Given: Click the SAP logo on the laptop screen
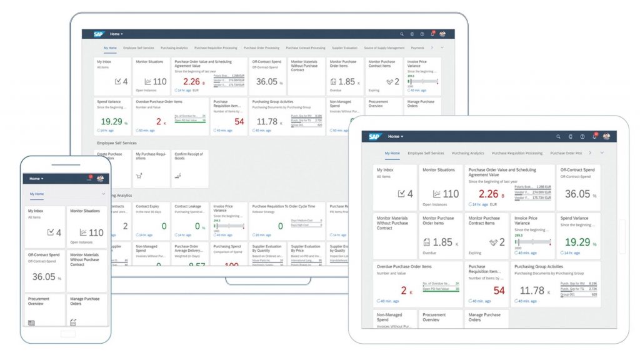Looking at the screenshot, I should [x=99, y=34].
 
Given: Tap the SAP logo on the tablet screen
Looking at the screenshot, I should [x=374, y=136].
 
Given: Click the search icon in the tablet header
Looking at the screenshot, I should [x=558, y=136].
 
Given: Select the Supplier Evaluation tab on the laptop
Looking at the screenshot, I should [x=344, y=47].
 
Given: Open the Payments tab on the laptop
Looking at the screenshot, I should [x=417, y=47].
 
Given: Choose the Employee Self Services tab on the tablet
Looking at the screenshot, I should [x=426, y=153].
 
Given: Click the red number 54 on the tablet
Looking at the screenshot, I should [x=499, y=291].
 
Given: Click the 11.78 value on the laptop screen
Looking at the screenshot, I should [x=267, y=121].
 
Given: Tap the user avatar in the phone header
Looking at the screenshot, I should [x=101, y=178].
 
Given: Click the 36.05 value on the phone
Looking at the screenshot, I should [x=44, y=276].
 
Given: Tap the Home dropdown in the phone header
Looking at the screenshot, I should [x=36, y=179].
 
